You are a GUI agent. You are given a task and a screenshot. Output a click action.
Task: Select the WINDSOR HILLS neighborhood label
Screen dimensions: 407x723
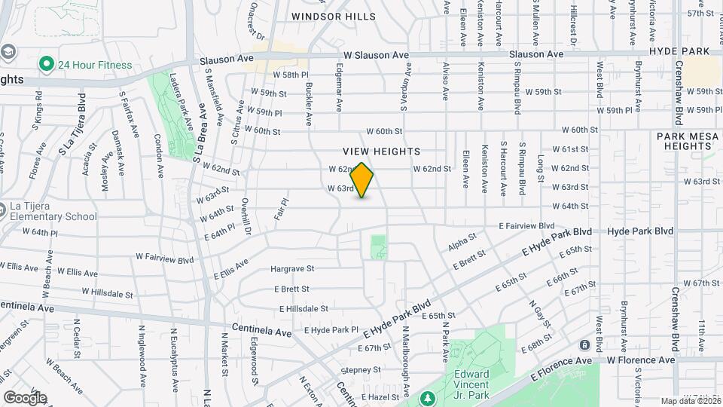coord(333,17)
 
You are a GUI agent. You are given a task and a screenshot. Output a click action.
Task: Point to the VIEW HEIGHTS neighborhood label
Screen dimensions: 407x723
coord(381,151)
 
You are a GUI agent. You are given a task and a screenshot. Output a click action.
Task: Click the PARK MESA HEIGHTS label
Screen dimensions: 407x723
coord(689,141)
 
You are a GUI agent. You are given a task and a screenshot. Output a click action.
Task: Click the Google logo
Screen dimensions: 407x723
coord(25,397)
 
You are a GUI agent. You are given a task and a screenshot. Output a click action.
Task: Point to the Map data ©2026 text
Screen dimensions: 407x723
coord(690,401)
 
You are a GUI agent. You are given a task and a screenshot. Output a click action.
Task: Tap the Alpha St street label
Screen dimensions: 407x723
coord(462,243)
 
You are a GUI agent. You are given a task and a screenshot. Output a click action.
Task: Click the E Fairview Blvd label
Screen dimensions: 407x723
coord(526,226)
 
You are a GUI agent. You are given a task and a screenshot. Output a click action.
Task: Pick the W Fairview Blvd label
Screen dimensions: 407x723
coord(164,259)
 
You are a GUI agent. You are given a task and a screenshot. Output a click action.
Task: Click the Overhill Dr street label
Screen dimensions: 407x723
coord(246,216)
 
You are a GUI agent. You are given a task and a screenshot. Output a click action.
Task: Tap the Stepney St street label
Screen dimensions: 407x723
coord(360,370)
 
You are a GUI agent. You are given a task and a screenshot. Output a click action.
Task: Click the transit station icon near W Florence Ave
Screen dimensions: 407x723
coord(584,345)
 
